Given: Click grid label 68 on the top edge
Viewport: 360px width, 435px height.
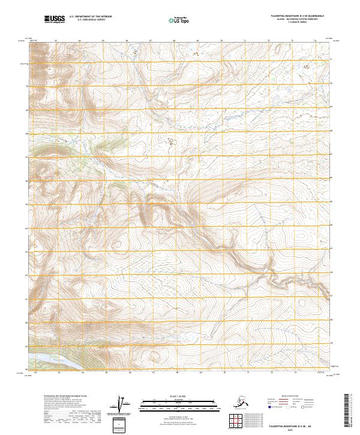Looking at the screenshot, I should [x=173, y=41].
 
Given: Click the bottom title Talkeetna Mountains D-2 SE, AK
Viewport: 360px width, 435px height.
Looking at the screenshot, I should [x=295, y=424].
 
